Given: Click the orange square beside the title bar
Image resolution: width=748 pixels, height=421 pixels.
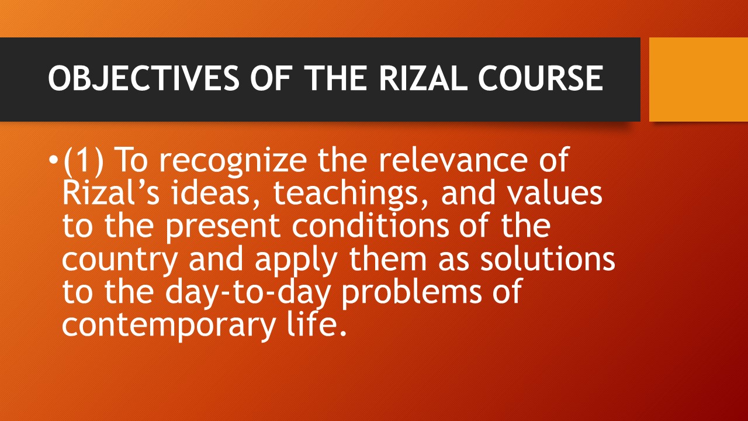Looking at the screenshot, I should coord(698,80).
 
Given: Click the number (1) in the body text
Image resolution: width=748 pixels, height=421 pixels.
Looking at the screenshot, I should coord(84,161).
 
